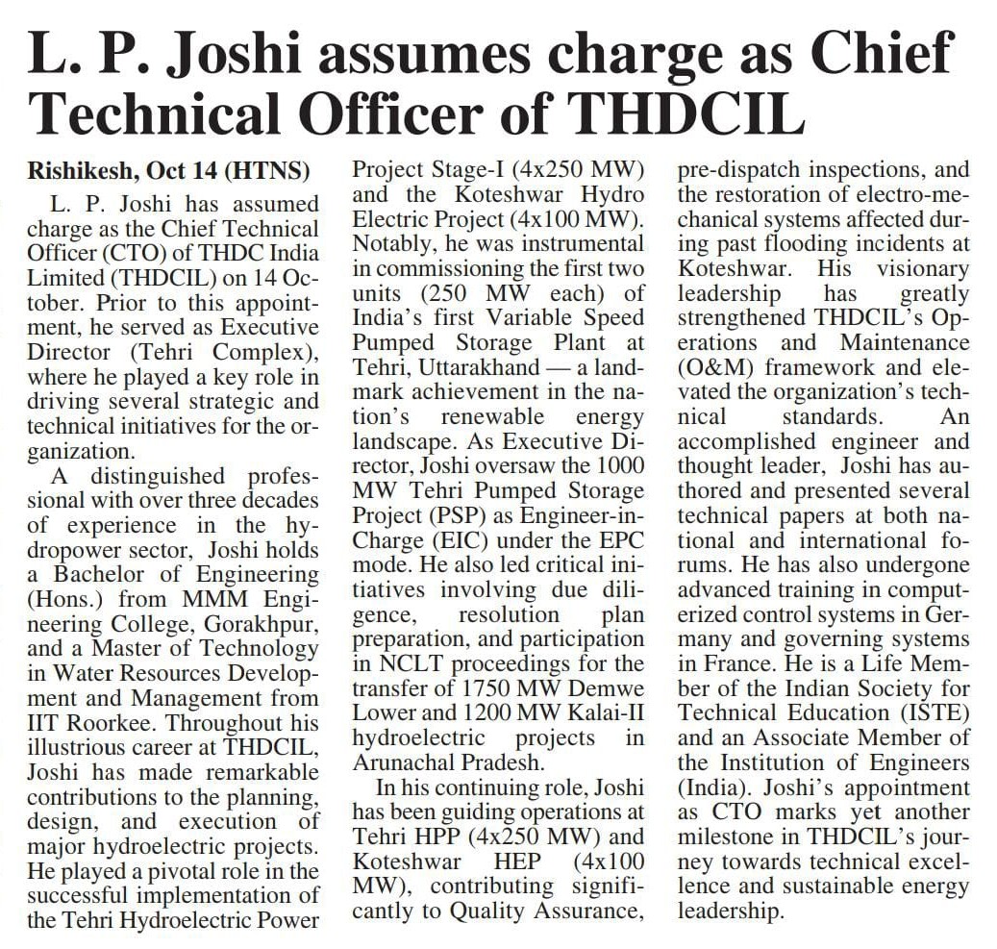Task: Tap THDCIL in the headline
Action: pyautogui.click(x=685, y=115)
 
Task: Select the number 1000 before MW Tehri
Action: pyautogui.click(x=615, y=466)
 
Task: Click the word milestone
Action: pyautogui.click(x=727, y=837)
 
